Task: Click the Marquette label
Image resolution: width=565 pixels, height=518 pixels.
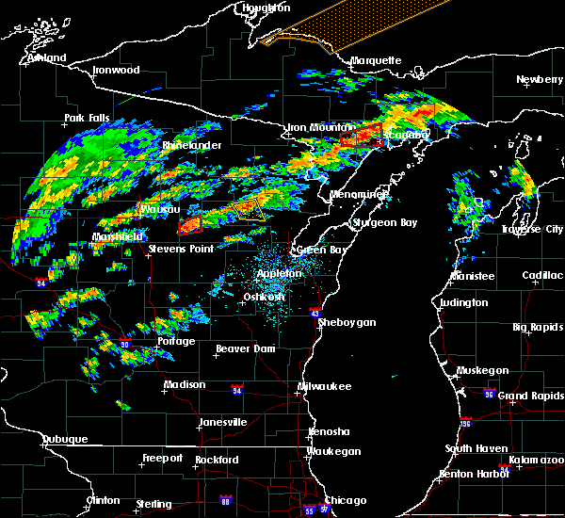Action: click(x=376, y=61)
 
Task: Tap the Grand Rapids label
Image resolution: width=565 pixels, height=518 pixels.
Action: click(x=530, y=396)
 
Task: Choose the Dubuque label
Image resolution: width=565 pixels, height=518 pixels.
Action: click(x=65, y=439)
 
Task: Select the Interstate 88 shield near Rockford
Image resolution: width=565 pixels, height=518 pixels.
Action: click(x=225, y=500)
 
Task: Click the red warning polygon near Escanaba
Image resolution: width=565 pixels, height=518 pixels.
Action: click(x=363, y=135)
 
